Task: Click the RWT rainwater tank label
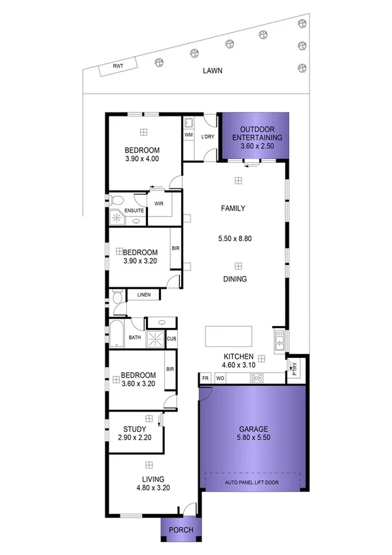(x=118, y=66)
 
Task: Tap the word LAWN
(x=212, y=71)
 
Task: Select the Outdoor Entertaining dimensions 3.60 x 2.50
(x=251, y=147)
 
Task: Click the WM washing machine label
(x=188, y=135)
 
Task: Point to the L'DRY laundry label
(x=207, y=136)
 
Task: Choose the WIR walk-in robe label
(x=158, y=204)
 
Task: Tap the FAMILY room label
(x=232, y=209)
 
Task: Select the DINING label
(x=234, y=279)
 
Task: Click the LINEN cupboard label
(x=144, y=295)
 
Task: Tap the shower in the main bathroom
(x=155, y=338)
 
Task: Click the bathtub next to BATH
(x=116, y=333)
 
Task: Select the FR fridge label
(x=205, y=378)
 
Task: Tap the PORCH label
(x=181, y=529)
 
